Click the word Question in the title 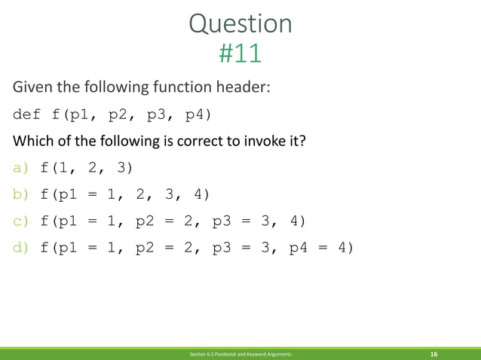click(240, 24)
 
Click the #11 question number click(240, 53)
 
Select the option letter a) click(20, 167)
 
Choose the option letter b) click(20, 194)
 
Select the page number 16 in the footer click(434, 353)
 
